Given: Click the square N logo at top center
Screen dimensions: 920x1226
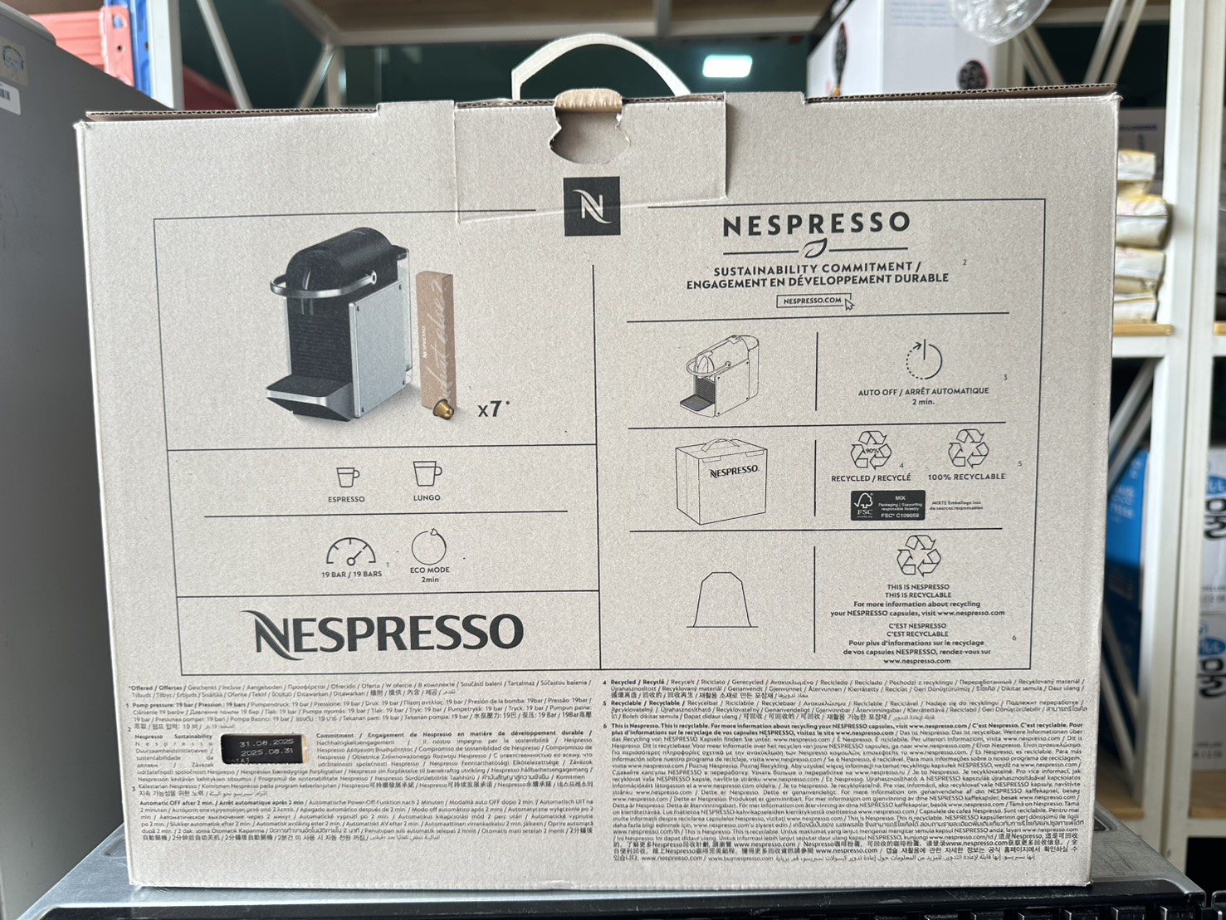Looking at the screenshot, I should pyautogui.click(x=591, y=206).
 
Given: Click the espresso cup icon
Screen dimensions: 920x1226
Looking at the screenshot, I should pyautogui.click(x=347, y=477).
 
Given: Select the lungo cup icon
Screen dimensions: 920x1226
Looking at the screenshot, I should pyautogui.click(x=427, y=474).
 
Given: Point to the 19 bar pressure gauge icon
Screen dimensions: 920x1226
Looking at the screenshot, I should pyautogui.click(x=350, y=552).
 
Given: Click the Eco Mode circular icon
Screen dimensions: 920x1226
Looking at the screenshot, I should pyautogui.click(x=429, y=546).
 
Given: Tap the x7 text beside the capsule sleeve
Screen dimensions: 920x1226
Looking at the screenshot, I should pyautogui.click(x=492, y=409).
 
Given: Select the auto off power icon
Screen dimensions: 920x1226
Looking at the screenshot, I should pyautogui.click(x=923, y=361).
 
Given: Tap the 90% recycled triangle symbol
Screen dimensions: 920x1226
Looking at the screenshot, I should pyautogui.click(x=871, y=451).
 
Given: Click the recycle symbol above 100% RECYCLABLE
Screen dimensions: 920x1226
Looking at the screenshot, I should pyautogui.click(x=968, y=449).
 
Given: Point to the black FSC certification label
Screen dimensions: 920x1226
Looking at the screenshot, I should pyautogui.click(x=887, y=506).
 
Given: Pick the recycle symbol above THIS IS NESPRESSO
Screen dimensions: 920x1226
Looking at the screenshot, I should pyautogui.click(x=917, y=555).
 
